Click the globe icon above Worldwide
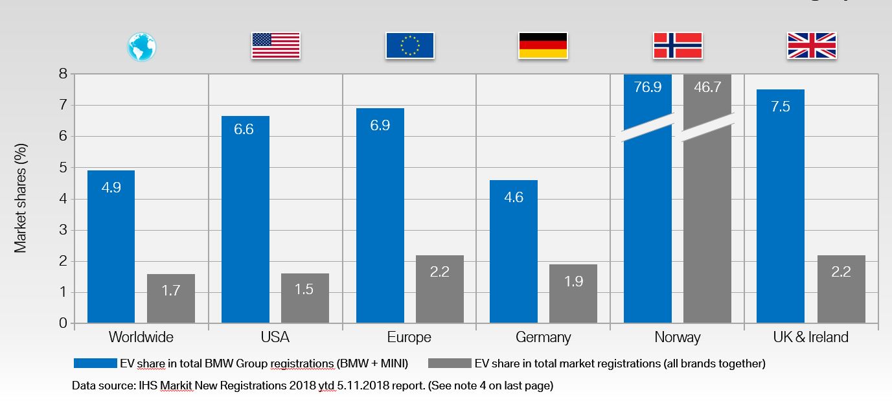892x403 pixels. coord(142,47)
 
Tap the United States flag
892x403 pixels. coord(276,46)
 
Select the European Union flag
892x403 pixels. coord(409,46)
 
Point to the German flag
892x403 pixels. coord(543,46)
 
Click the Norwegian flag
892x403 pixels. coord(678,46)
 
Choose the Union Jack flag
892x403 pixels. coord(812,46)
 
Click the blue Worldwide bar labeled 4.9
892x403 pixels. coord(111,246)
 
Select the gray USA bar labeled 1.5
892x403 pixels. coord(304,298)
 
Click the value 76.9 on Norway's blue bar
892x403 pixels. coord(648,87)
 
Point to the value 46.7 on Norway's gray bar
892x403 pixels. coord(707,87)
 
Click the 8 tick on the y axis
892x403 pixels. coord(63,74)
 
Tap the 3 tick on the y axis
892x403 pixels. coord(63,230)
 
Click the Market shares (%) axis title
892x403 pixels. coord(21,198)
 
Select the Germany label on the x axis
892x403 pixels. coord(543,338)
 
